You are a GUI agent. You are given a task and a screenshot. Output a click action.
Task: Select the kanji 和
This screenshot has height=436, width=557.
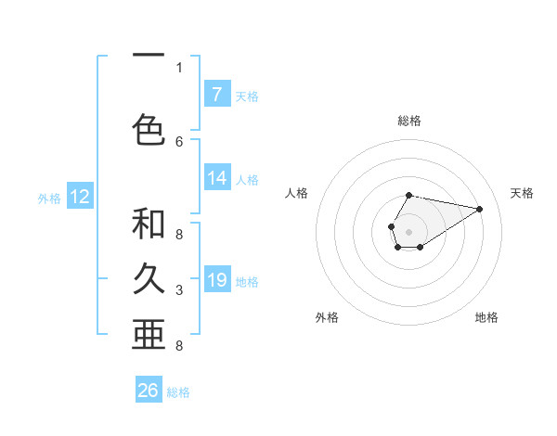coord(149,224)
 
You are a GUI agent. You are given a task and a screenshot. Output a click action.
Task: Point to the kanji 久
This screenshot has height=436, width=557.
coord(149,278)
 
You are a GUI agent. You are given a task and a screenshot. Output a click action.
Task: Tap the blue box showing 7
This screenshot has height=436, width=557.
coord(216,94)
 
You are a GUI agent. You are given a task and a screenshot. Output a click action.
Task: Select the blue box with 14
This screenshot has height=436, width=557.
coord(216,178)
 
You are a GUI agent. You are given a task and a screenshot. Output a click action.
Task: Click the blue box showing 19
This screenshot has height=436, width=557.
coord(216,280)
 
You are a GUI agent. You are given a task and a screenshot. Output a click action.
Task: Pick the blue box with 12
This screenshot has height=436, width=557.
coord(80,197)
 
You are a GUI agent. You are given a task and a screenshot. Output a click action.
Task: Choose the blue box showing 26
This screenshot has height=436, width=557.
coord(149,391)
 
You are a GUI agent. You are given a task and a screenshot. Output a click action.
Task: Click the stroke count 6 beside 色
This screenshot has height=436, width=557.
coord(179,141)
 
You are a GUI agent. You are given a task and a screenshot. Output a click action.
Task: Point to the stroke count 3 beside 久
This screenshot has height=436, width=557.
coord(179,291)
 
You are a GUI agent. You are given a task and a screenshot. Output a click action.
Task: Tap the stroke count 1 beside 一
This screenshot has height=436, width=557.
coord(179,67)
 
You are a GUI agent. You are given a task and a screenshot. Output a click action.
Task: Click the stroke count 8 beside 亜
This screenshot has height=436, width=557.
coord(179,346)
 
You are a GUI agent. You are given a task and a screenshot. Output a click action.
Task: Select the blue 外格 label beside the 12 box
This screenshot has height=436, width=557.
coord(49,198)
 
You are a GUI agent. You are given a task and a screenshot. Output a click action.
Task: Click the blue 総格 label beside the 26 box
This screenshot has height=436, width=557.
coord(178,392)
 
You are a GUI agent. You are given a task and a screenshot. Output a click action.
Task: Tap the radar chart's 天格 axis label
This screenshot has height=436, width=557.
coord(522,193)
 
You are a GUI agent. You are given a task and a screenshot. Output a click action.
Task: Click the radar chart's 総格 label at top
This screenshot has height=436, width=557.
coord(408,121)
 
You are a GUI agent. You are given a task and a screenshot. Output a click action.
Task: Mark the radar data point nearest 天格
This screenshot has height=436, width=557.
coord(479,208)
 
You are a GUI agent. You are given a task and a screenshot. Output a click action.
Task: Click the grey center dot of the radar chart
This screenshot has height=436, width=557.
coord(408,230)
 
